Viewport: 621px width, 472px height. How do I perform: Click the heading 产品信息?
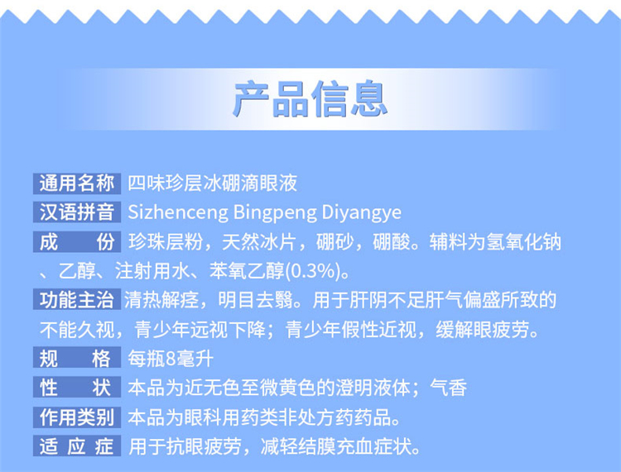coord(310,99)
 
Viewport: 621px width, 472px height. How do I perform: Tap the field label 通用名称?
coord(77,184)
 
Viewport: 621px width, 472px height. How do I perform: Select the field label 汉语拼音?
coord(77,212)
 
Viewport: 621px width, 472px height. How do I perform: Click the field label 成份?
coord(77,241)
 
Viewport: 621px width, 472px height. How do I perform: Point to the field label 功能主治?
coord(77,300)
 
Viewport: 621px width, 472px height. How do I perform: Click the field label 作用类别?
coord(77,417)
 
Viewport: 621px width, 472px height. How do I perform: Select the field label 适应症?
coord(77,446)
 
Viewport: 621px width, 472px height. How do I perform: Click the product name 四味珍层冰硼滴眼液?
coord(212,184)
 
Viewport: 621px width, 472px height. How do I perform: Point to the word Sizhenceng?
coord(178,212)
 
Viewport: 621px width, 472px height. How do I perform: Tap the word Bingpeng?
coord(275,213)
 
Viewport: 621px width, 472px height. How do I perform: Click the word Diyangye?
coord(362,213)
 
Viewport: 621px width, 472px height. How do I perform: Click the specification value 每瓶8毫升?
coord(171,359)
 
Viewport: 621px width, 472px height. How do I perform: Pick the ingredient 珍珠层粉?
coord(166,242)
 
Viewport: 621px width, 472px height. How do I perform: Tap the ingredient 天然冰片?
coord(259,242)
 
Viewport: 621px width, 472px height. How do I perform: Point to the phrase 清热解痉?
coord(161,300)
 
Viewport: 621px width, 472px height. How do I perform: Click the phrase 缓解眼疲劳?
coord(483,330)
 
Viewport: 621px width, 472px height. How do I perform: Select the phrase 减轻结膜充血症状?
coord(337,446)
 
